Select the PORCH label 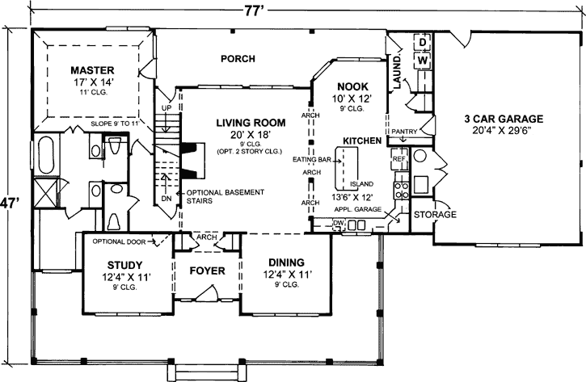238,59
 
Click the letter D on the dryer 422,41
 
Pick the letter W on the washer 422,61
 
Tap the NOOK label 352,86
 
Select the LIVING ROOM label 251,123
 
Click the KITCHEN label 362,141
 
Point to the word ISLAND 361,184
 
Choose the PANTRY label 403,131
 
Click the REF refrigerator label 398,159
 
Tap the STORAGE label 435,216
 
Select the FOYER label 207,271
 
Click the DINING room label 281,262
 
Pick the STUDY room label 125,265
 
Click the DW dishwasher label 339,224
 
